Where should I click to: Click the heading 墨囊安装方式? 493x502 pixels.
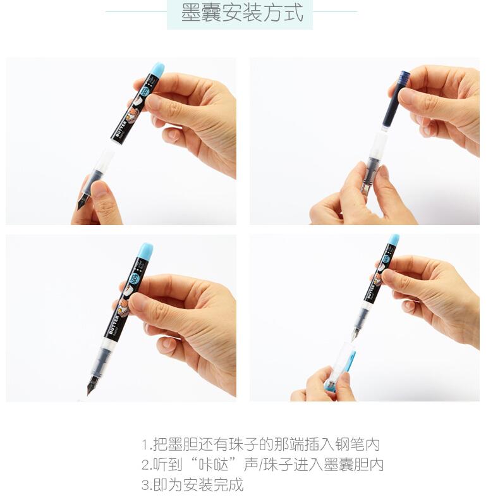click(x=242, y=13)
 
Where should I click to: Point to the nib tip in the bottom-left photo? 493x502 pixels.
click(x=88, y=393)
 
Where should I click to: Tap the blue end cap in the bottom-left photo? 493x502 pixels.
click(x=146, y=249)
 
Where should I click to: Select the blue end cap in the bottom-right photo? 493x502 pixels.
click(x=394, y=240)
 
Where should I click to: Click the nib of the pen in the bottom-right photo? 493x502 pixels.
click(x=355, y=334)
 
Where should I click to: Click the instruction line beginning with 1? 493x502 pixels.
click(x=260, y=444)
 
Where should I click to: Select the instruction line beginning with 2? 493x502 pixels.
click(x=262, y=465)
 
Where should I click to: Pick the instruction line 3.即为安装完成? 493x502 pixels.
click(x=192, y=485)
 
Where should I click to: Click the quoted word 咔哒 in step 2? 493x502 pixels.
click(x=213, y=465)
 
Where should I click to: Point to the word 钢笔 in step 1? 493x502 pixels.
click(x=350, y=444)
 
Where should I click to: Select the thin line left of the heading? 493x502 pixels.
click(x=136, y=12)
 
